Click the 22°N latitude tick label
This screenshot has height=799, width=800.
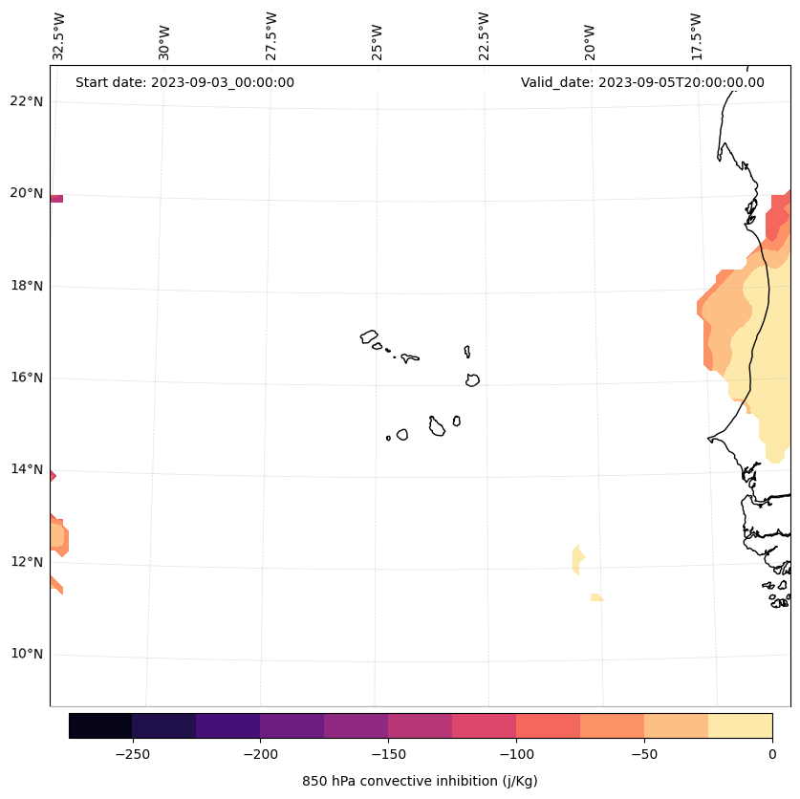27,101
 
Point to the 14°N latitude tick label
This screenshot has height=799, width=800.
27,469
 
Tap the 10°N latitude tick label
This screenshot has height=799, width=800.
27,654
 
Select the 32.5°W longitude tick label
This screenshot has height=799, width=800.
59,36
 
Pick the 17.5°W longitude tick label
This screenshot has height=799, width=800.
696,36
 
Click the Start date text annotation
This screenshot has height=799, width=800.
184,82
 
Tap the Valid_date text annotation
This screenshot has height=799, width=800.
642,82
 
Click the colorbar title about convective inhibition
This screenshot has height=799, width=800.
420,781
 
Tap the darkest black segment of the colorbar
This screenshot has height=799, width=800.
100,725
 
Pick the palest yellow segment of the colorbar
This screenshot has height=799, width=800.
740,725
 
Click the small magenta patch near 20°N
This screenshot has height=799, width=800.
56,199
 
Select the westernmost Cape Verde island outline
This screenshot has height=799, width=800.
369,336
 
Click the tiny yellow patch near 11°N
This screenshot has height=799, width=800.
596,597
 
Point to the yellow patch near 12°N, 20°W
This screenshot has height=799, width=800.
577,558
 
